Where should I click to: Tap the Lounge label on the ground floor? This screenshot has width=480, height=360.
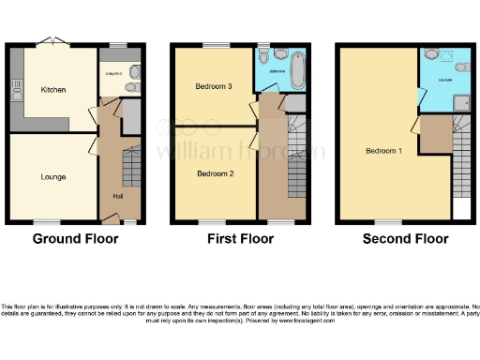(x=52, y=175)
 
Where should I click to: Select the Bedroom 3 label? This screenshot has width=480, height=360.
(x=214, y=86)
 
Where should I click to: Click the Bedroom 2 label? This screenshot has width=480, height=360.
(x=214, y=173)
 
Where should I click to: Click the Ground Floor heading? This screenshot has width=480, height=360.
(x=76, y=239)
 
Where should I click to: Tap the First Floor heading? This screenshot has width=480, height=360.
(x=240, y=239)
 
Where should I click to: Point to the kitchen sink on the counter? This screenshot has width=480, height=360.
(x=16, y=91)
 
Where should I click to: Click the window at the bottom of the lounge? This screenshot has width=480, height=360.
(x=43, y=223)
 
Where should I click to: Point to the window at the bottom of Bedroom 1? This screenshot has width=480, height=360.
(x=382, y=223)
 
